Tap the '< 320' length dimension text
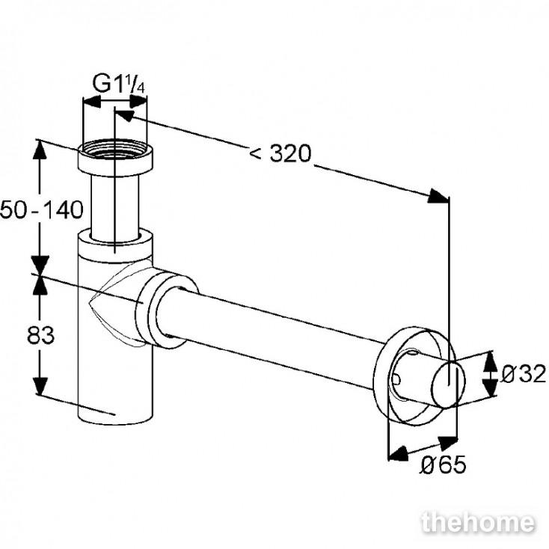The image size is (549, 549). click(280, 153)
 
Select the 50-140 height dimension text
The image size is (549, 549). click(42, 210)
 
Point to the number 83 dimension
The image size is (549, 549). click(40, 335)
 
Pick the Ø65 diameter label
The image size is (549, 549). click(443, 465)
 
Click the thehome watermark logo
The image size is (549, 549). click(478, 523)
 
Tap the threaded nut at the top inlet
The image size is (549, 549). click(115, 158)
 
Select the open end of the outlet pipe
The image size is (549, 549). click(449, 384)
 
